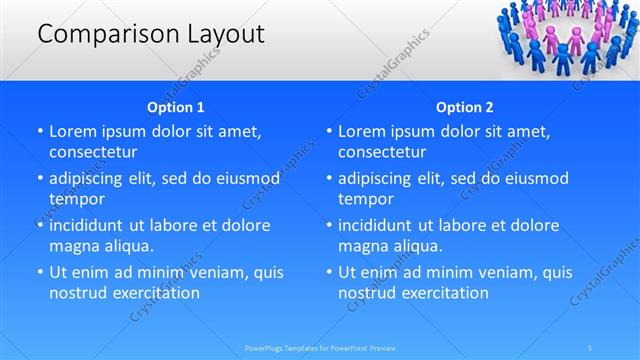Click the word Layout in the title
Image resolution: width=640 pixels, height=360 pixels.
tap(225, 34)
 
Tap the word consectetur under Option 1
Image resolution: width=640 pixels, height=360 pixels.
tap(93, 152)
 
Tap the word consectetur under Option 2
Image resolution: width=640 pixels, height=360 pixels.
tap(382, 152)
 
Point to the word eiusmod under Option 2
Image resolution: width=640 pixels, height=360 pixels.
tap(530, 179)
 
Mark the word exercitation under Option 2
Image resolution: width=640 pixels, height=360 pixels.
tap(443, 293)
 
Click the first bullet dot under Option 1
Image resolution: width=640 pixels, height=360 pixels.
tap(40, 132)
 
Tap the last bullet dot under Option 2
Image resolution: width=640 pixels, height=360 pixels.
tap(329, 273)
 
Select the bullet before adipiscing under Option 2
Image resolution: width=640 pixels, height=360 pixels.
tap(329, 179)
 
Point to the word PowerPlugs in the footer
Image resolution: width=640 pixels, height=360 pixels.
tap(266, 348)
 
